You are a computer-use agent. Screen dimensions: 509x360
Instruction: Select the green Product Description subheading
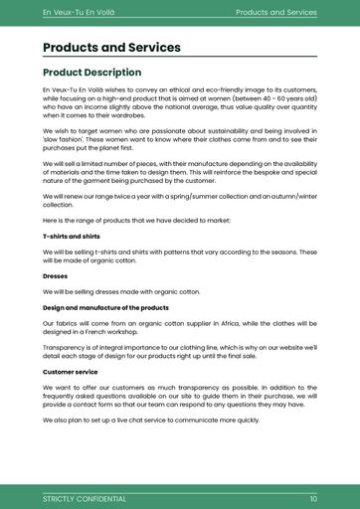[91, 73]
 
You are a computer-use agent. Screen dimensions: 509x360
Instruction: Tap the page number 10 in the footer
[313, 498]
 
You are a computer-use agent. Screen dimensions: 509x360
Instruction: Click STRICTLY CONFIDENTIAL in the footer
[85, 498]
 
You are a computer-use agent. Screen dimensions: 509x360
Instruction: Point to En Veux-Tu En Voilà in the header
[79, 12]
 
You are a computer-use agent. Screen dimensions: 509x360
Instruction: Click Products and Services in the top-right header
[275, 12]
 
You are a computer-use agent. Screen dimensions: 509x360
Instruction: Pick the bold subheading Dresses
[55, 275]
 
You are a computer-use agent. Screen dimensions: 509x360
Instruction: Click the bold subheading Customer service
[72, 371]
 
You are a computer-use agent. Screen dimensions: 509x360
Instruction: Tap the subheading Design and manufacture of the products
[105, 307]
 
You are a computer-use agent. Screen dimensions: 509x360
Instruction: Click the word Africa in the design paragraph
[221, 323]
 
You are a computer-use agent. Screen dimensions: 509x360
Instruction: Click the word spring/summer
[188, 196]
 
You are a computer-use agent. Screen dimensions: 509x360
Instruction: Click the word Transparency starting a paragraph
[65, 347]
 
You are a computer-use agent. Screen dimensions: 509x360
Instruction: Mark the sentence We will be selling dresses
[121, 291]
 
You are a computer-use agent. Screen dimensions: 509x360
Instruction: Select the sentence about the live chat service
[151, 420]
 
